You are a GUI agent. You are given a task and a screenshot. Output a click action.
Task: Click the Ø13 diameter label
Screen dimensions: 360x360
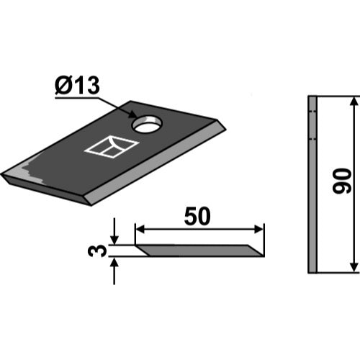(77, 86)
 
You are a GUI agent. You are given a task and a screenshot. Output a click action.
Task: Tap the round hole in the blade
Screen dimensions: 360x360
(148, 125)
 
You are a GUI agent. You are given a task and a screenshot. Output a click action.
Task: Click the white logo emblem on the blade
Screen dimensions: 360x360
(112, 147)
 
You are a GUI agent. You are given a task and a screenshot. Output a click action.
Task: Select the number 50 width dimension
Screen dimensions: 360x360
(197, 216)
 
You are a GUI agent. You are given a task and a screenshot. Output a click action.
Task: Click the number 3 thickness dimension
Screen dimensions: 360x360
(97, 251)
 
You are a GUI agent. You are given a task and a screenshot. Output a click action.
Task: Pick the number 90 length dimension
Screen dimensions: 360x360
(342, 181)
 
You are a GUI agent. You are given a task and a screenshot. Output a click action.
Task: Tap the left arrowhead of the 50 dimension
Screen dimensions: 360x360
(140, 229)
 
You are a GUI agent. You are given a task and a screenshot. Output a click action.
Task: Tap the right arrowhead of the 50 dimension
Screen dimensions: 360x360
(258, 229)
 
